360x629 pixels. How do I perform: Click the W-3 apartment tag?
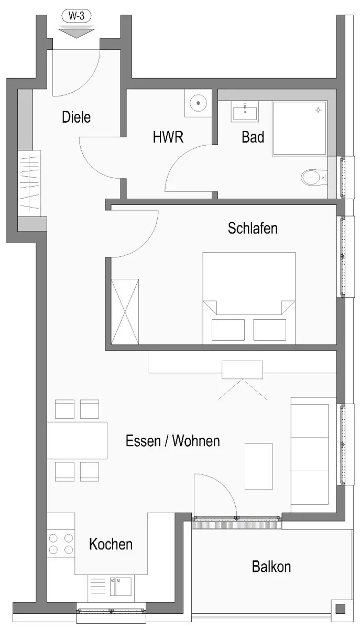pos(76,16)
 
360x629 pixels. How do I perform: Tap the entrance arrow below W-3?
pos(76,32)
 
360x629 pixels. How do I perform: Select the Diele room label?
pos(76,117)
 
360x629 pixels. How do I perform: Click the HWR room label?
pos(168,137)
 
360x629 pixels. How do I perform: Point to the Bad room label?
pos(253,137)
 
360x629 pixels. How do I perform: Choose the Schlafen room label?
pos(253,228)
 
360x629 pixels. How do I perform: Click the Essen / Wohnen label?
pos(173,441)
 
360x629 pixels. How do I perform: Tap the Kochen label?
pos(111,544)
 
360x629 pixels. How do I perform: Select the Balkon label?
pos(271,567)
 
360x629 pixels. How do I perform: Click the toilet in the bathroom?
pos(314,177)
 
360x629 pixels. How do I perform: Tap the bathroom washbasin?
pos(245,112)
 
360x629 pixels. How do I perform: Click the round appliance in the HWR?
pos(198,103)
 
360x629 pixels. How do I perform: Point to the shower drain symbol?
pos(318,110)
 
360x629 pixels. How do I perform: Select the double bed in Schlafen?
pos(249,298)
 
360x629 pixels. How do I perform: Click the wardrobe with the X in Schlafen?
pos(125,311)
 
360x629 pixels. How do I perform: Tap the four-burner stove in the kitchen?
pos(61,544)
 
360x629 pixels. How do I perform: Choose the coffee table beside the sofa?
pos(259,467)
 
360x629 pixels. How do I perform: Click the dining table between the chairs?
pos(77,440)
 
